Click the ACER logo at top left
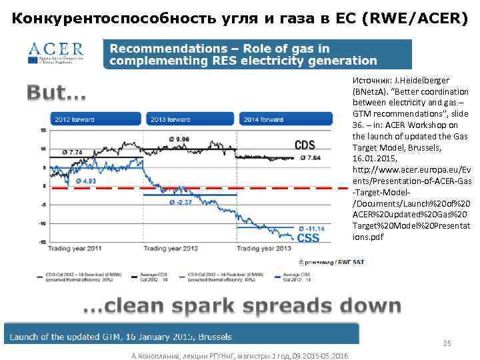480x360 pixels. [56, 51]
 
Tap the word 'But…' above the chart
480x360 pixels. [57, 94]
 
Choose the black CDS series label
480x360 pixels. [305, 145]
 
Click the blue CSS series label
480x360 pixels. [307, 238]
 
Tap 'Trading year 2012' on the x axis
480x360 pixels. [171, 248]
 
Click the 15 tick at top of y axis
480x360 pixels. [43, 131]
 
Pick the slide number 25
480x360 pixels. [447, 344]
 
